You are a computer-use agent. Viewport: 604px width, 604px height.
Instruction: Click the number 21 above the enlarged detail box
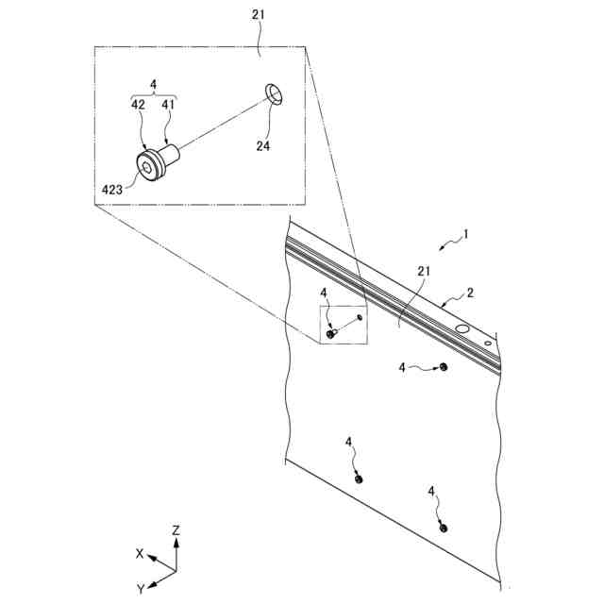pyautogui.click(x=259, y=16)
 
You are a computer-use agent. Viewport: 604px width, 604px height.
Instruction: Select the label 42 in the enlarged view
pyautogui.click(x=138, y=106)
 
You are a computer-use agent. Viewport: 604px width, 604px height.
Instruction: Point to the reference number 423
pyautogui.click(x=112, y=189)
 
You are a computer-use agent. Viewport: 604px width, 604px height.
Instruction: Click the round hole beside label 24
pyautogui.click(x=274, y=93)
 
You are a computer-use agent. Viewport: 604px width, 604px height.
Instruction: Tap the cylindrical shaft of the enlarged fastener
pyautogui.click(x=172, y=151)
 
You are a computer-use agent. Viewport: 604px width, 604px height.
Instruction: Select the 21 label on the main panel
pyautogui.click(x=424, y=272)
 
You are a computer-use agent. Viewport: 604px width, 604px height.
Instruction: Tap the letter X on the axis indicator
pyautogui.click(x=139, y=554)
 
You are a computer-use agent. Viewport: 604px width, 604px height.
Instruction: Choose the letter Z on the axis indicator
pyautogui.click(x=176, y=531)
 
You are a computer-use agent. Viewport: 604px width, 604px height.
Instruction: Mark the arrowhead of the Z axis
pyautogui.click(x=176, y=544)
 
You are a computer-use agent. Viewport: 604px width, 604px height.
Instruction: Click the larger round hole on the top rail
pyautogui.click(x=462, y=327)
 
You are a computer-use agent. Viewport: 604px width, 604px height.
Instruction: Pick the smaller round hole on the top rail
pyautogui.click(x=487, y=344)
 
